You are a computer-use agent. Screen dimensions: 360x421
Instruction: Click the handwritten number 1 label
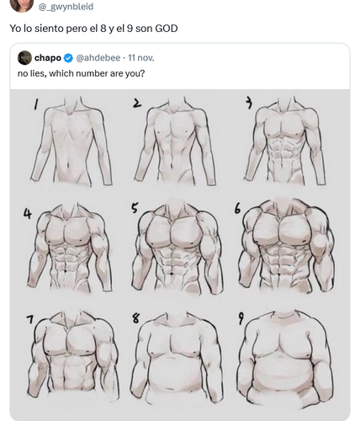coord(35,105)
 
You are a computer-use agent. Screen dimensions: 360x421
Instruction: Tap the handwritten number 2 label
coord(137,104)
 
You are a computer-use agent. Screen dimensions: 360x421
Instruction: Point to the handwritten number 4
coord(28,214)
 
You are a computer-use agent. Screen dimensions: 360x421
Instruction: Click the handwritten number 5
coord(135,208)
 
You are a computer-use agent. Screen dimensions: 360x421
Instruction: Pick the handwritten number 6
coord(237,209)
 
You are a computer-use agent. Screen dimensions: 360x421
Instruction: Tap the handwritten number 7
coord(30,319)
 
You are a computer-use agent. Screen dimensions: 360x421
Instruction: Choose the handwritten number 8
coord(135,318)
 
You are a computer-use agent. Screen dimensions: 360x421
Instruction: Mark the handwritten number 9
coord(241,318)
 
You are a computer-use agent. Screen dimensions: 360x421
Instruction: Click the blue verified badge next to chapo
coord(68,58)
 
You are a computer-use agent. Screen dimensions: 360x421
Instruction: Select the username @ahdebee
coord(98,58)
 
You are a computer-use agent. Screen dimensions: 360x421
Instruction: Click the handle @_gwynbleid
coord(66,7)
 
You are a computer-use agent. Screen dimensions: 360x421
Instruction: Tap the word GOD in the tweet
coord(167,29)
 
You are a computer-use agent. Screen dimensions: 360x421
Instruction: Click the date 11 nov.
coord(141,58)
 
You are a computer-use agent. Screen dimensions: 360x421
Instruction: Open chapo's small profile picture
coord(24,57)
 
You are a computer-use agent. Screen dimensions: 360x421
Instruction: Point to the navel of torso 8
coord(169,388)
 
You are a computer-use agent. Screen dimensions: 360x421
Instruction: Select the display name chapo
coord(48,58)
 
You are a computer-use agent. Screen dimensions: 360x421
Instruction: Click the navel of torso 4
coord(66,271)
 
